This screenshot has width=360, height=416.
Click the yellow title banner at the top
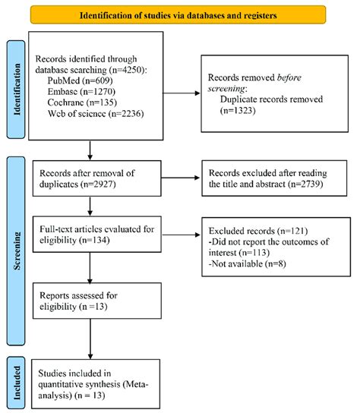pos(179,14)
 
